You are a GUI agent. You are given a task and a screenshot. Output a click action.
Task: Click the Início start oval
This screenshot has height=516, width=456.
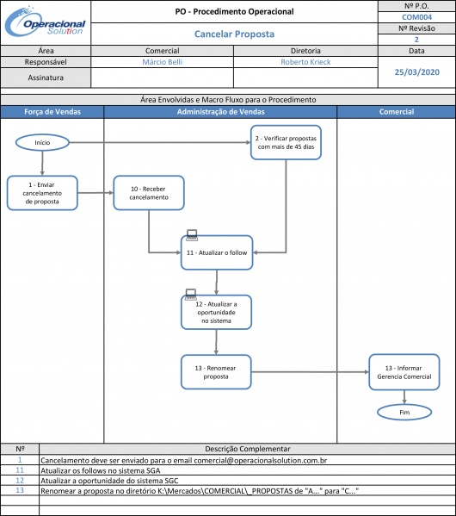tap(42, 142)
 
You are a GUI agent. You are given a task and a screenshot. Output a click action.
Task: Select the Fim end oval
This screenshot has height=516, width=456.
tap(404, 412)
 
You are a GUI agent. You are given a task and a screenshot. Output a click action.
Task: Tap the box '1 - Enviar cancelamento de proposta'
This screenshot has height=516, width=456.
tap(42, 193)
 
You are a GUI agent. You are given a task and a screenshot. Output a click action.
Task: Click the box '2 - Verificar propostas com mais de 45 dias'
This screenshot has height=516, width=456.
tap(286, 142)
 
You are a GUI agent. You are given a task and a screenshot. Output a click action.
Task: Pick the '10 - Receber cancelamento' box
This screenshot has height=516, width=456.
tap(149, 193)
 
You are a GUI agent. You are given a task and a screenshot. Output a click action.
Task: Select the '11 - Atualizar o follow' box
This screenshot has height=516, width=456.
tap(217, 252)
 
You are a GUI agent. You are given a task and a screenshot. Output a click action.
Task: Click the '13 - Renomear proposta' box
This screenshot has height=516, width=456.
tap(216, 372)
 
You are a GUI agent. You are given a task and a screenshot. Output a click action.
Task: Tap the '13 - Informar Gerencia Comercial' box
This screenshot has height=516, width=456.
tap(404, 372)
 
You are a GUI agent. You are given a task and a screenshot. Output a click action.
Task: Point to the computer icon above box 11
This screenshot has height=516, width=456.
tap(192, 234)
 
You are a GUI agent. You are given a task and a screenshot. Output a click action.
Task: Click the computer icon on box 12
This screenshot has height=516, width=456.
tap(191, 295)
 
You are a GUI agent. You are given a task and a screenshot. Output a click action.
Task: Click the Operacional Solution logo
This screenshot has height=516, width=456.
tap(46, 22)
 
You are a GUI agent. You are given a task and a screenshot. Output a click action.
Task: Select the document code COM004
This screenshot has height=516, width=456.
tap(416, 17)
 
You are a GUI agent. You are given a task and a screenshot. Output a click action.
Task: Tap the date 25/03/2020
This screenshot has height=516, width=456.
tap(417, 72)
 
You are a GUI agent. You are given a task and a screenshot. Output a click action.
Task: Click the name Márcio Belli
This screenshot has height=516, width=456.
tap(162, 62)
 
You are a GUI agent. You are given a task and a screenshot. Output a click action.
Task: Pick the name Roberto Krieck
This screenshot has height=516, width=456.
tap(305, 62)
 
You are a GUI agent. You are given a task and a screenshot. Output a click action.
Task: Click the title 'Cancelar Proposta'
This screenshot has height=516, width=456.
tap(234, 34)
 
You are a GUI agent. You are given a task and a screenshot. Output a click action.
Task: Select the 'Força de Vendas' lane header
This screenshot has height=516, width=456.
tap(52, 112)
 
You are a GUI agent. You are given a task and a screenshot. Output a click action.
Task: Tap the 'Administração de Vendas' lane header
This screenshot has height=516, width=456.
tap(220, 112)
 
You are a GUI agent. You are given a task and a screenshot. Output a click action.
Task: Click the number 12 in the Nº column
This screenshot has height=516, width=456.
tap(20, 480)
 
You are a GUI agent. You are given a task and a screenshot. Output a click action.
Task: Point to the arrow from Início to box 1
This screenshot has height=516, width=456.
tap(42, 163)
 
